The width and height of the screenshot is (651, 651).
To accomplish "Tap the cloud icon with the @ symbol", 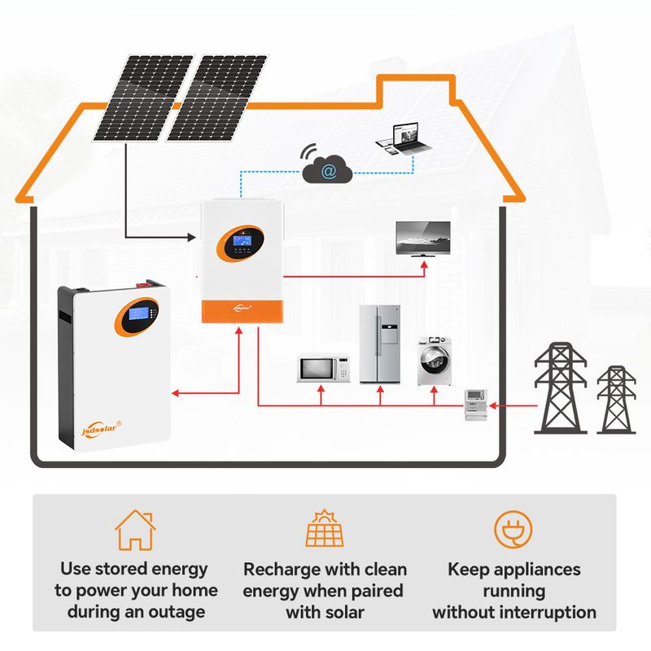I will tap(328, 170).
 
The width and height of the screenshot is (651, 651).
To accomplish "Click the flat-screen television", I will tap(422, 238).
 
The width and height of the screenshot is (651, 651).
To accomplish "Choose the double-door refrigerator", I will tap(380, 344).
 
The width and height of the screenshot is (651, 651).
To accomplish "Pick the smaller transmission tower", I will tap(616, 399).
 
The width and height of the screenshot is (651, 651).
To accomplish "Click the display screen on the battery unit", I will tap(136, 314).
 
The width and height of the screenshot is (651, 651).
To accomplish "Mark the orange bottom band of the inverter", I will tap(242, 310).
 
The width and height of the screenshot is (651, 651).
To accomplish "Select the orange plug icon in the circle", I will tap(513, 530).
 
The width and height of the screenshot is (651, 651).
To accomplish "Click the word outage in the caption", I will tap(180, 611).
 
